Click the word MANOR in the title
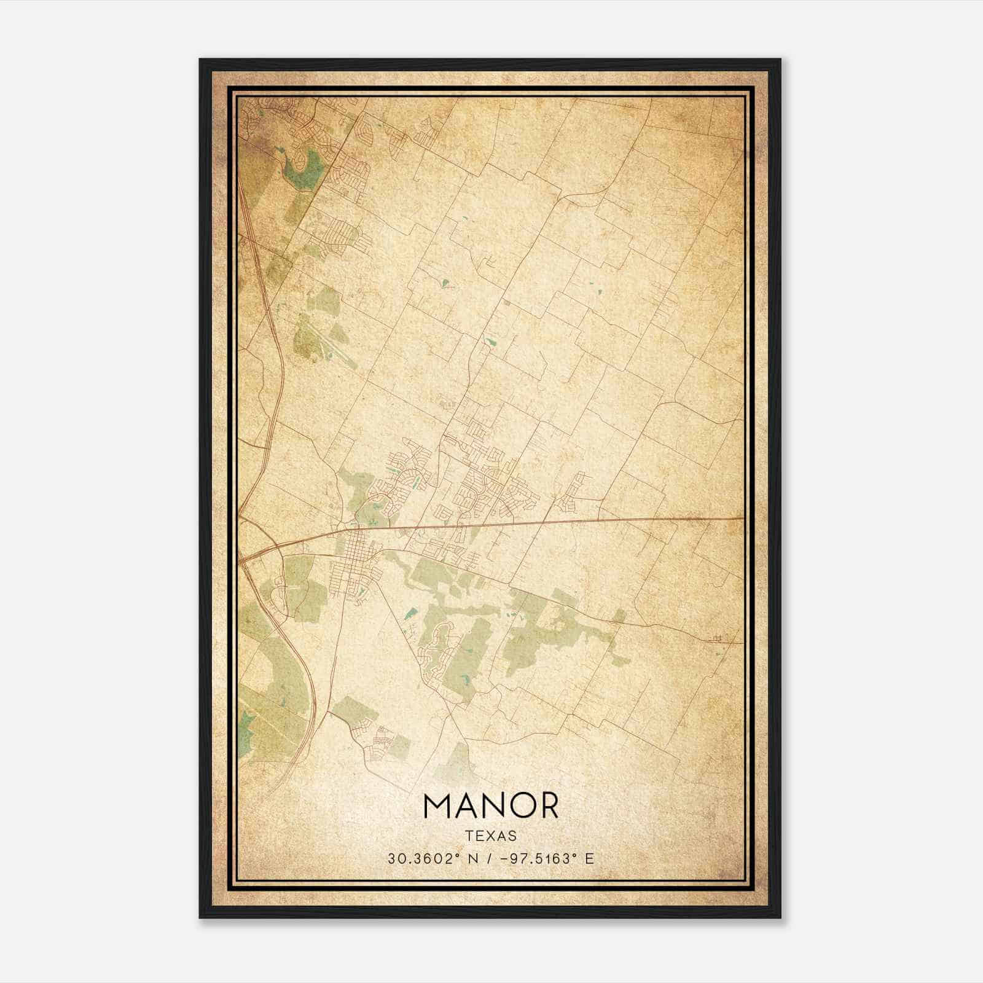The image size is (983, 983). click(x=491, y=805)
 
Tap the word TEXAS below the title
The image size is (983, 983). click(x=491, y=836)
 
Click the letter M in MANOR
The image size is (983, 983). click(x=437, y=805)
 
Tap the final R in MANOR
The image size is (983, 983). click(x=549, y=805)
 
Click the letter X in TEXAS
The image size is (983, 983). click(x=491, y=836)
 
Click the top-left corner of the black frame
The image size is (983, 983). click(x=200, y=60)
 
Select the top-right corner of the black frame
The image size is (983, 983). click(x=780, y=60)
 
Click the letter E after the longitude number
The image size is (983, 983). click(x=590, y=858)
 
